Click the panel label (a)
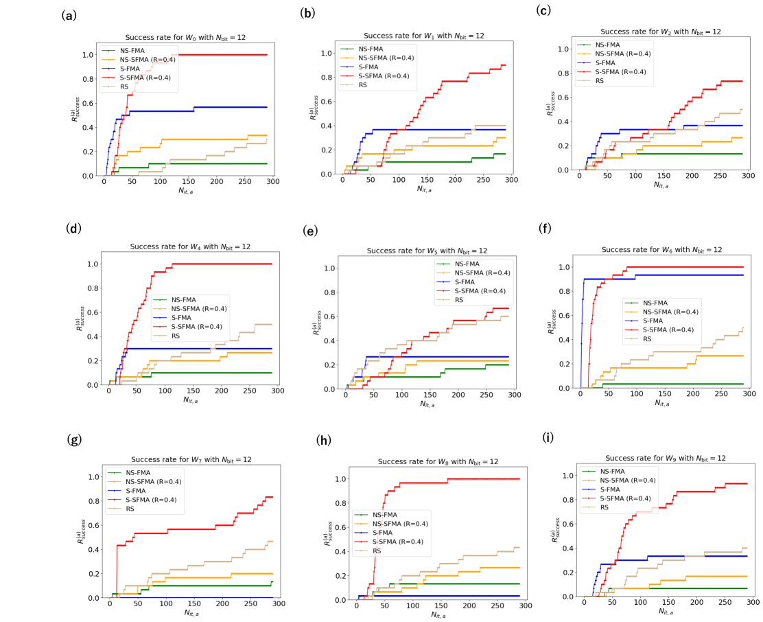click(x=69, y=15)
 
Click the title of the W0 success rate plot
click(x=189, y=38)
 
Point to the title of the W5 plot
click(x=425, y=251)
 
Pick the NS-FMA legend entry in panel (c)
click(x=607, y=44)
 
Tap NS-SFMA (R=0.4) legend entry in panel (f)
click(x=669, y=312)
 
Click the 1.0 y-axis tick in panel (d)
click(x=95, y=264)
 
